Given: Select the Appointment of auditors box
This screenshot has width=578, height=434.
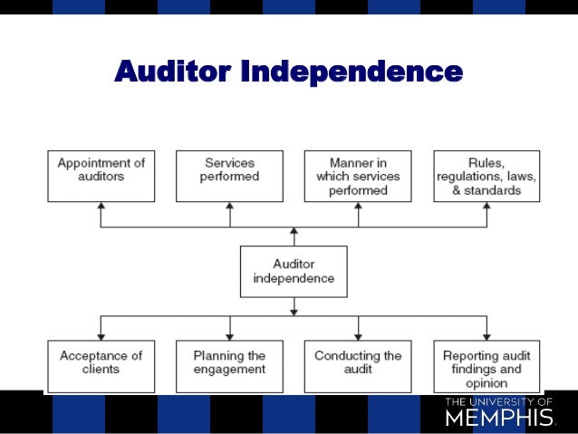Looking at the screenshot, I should pos(101,176).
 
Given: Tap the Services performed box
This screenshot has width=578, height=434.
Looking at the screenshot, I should pos(229,176).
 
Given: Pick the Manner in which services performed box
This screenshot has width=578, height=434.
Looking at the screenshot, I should pos(358,176).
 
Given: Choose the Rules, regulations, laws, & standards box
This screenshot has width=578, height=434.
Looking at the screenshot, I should pos(486,176).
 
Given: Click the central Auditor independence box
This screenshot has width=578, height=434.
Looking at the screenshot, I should pos(294,271).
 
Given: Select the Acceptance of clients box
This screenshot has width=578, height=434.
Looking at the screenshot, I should pos(101,366).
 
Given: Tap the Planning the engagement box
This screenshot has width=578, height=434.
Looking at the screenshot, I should pos(229,366).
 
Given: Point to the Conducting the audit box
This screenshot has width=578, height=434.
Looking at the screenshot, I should pos(358,366).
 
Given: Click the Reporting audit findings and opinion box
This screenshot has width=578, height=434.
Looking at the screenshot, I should pos(486,366).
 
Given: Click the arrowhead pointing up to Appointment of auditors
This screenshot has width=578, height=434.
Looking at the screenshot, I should pos(101,207).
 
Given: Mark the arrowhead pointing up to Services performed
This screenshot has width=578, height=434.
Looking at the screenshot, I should pos(229,207).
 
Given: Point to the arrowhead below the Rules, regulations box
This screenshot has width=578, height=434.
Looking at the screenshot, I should pos(486,207).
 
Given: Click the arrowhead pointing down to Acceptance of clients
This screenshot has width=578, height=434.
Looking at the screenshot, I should pos(101,334).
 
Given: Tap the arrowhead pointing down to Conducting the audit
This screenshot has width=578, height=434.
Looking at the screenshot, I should pos(358,334).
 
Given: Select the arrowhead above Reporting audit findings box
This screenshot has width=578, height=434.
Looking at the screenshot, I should pos(486,334).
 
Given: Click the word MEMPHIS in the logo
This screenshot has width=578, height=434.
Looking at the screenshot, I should pos(499,418).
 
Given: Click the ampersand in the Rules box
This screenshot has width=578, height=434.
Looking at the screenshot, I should pos(456,190).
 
